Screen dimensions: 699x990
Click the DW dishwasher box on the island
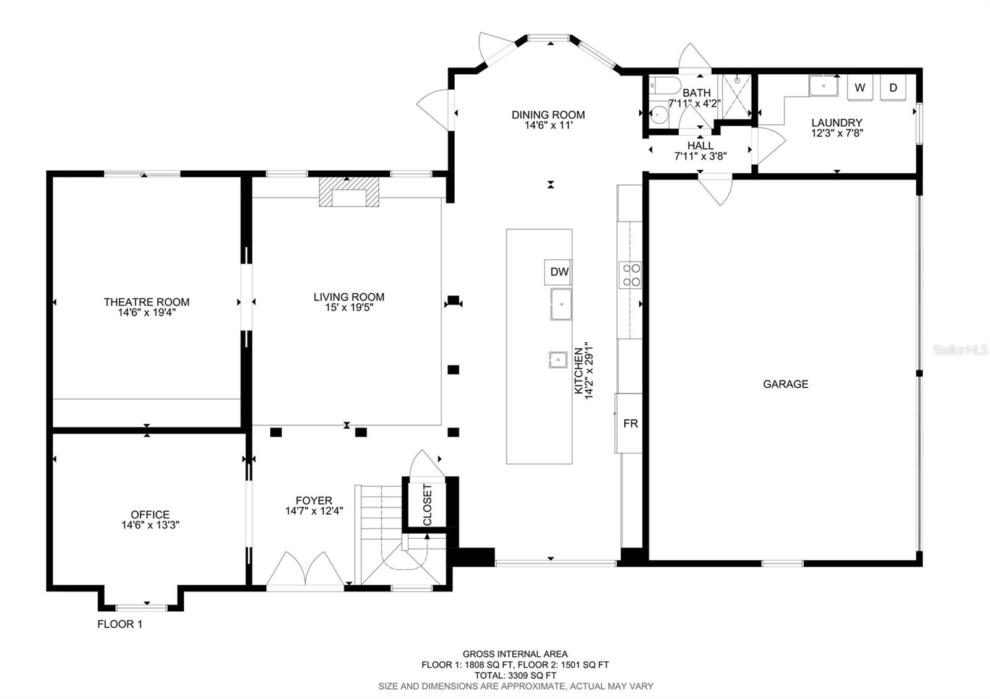pos(558,272)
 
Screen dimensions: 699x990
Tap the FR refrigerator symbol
pos(630,424)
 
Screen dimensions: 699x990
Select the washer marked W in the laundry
pos(859,87)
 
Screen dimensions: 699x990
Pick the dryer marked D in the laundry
pos(893,87)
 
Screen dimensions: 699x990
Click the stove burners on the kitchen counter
pos(631,275)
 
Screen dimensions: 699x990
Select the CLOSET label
pos(428,505)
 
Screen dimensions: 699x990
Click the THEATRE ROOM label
pos(147,302)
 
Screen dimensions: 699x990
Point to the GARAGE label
pos(785,384)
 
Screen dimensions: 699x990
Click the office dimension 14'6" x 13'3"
pos(150,525)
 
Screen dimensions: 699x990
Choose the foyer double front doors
pos(306,570)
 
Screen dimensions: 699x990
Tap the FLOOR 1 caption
pos(119,624)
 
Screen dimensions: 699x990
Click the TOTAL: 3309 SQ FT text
pos(515,675)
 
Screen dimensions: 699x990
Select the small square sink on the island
pos(558,359)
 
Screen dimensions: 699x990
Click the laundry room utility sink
pos(824,86)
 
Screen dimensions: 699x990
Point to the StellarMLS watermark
pos(960,350)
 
